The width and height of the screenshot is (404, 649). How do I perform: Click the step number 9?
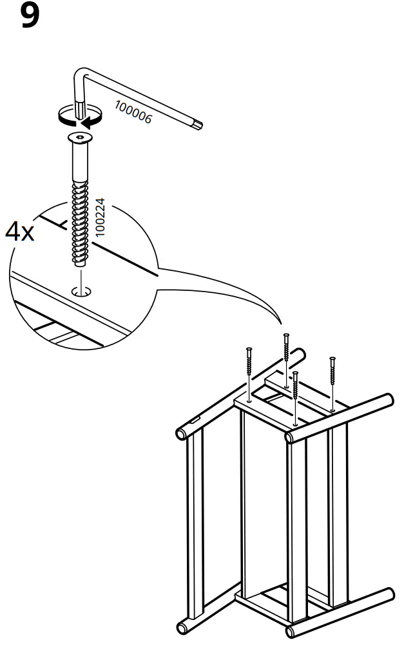pos(30,16)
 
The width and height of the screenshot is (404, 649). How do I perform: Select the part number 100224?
pos(101,221)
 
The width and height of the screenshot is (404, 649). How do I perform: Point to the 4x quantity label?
pos(20,232)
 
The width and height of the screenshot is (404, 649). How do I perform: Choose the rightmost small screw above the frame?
pos(332,381)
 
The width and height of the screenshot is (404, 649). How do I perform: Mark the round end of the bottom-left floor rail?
pos(183,627)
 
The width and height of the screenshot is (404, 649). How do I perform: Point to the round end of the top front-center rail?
pos(291,437)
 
